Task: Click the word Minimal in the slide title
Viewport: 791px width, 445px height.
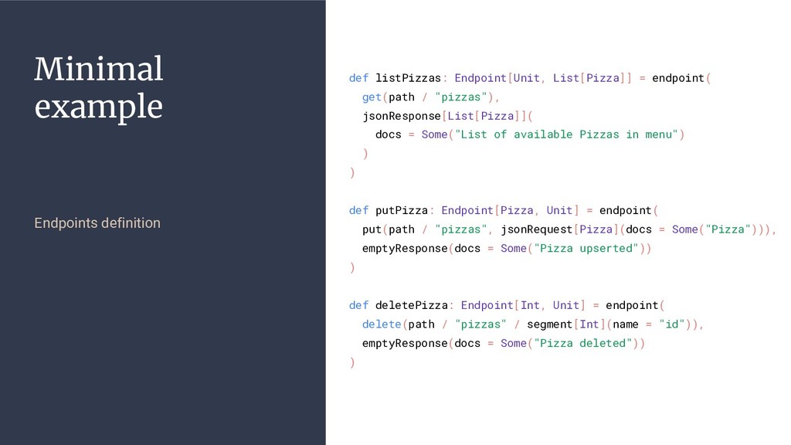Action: pyautogui.click(x=99, y=70)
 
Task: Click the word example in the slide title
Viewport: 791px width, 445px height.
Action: pyautogui.click(x=99, y=107)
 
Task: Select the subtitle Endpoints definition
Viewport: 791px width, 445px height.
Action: pyautogui.click(x=97, y=223)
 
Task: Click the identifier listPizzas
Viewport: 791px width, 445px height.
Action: pyautogui.click(x=408, y=78)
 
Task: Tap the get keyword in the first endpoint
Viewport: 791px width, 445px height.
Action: pyautogui.click(x=372, y=97)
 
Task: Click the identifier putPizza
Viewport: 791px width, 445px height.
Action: pyautogui.click(x=402, y=210)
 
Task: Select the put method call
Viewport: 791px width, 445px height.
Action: pyautogui.click(x=372, y=229)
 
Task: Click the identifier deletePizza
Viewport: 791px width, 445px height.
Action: pyautogui.click(x=411, y=305)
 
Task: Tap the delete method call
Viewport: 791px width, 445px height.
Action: pyautogui.click(x=382, y=324)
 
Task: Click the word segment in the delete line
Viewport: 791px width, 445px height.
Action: pyautogui.click(x=549, y=324)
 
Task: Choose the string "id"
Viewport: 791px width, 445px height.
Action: pyautogui.click(x=674, y=324)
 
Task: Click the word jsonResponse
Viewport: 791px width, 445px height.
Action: pyautogui.click(x=401, y=116)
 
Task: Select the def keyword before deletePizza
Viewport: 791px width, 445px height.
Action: pyautogui.click(x=358, y=305)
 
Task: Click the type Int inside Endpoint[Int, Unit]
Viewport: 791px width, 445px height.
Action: pyautogui.click(x=530, y=305)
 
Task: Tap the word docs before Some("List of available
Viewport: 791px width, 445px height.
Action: pyautogui.click(x=388, y=134)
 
